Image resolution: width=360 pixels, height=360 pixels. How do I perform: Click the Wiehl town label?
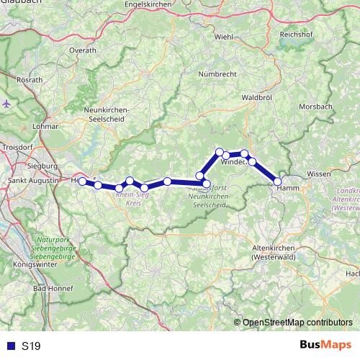[x=223, y=36]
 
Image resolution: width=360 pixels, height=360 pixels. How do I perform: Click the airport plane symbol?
[x=7, y=103]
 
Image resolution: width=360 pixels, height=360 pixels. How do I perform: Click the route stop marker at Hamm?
[x=278, y=182]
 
